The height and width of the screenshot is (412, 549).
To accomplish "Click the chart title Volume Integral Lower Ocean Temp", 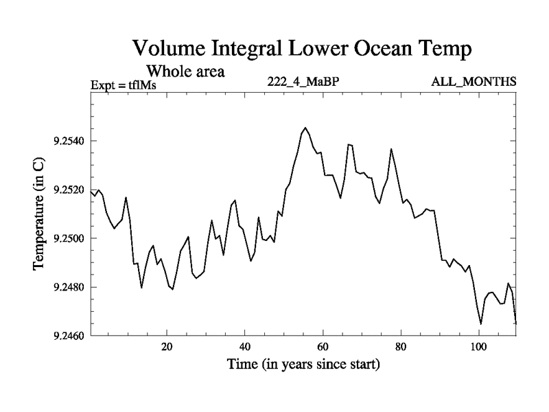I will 303,49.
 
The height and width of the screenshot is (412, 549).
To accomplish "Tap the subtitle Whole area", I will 186,71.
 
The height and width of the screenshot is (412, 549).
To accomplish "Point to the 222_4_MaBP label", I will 304,82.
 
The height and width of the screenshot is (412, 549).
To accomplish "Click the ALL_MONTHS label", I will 474,82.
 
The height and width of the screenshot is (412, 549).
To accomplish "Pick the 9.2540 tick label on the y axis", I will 71,141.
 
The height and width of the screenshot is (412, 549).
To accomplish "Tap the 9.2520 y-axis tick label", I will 71,190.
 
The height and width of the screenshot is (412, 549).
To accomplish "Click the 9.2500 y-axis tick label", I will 71,239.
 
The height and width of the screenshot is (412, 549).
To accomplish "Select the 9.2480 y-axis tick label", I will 71,287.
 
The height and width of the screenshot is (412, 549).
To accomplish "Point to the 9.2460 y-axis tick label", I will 71,336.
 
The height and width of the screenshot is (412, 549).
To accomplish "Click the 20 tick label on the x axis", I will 167,347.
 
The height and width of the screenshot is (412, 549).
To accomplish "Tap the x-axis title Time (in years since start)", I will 303,365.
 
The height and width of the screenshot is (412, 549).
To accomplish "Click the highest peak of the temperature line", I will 305,128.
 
